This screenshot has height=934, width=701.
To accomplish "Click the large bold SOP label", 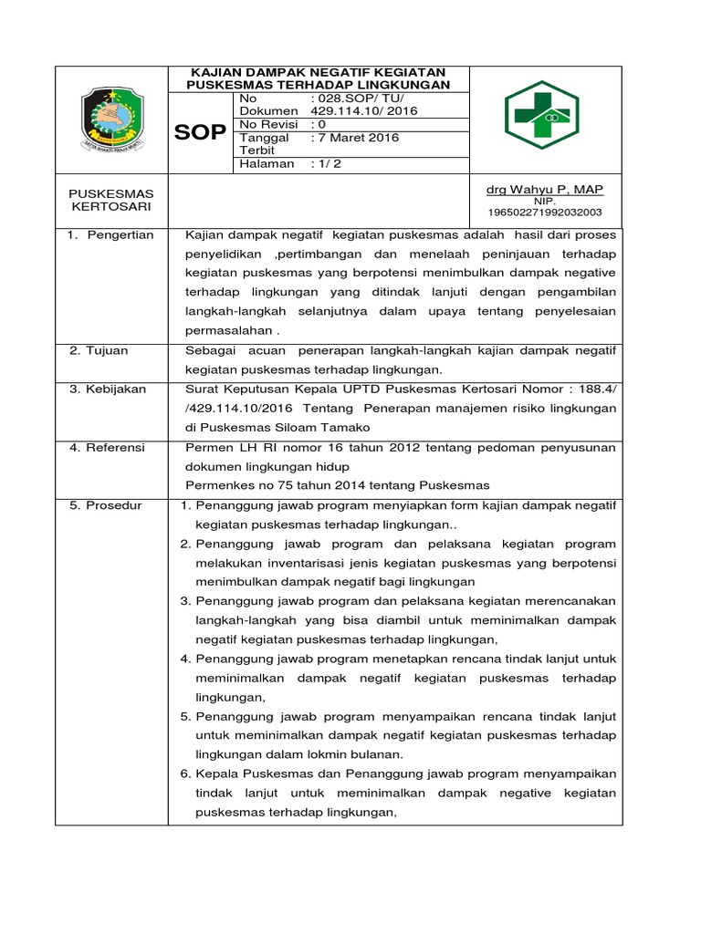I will click(x=200, y=132).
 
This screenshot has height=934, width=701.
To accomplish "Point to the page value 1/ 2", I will click(x=326, y=164).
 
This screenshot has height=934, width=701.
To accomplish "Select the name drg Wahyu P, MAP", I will click(x=544, y=189).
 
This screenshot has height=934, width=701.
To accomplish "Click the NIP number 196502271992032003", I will click(x=544, y=213).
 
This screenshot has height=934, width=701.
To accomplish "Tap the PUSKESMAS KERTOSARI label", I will click(x=111, y=201).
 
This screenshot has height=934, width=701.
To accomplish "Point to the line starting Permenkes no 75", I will click(x=337, y=485).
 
